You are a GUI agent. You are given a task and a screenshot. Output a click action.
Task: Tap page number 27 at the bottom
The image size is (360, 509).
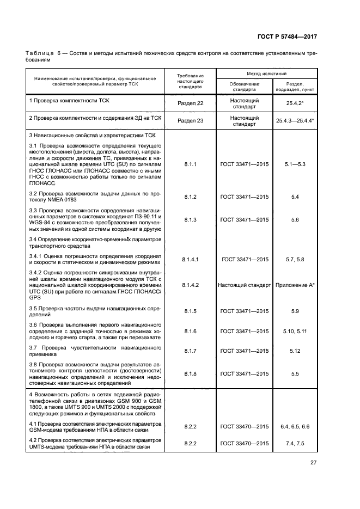pyautogui.click(x=313, y=463)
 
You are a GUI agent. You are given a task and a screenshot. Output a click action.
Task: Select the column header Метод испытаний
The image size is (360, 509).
pyautogui.click(x=267, y=73)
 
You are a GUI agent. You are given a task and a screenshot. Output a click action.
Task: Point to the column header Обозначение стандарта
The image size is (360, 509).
pyautogui.click(x=245, y=87)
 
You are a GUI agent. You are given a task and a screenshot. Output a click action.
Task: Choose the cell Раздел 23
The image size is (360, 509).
pyautogui.click(x=191, y=121)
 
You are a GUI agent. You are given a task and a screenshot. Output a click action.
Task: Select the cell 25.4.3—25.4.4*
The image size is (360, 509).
pyautogui.click(x=295, y=121)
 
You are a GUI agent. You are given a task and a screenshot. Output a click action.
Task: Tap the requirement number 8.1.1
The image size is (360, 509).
pyautogui.click(x=190, y=163)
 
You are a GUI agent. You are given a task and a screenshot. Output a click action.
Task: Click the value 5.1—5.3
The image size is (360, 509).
pyautogui.click(x=295, y=163)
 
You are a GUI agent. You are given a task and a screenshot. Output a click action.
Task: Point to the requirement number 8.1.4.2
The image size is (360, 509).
pyautogui.click(x=190, y=285)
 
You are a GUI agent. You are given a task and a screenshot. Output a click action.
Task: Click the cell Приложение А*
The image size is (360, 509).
pyautogui.click(x=295, y=285)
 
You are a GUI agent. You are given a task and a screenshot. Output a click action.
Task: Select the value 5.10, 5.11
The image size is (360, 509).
pyautogui.click(x=295, y=331)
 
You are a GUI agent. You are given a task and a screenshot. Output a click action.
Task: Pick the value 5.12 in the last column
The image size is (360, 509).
pyautogui.click(x=295, y=351)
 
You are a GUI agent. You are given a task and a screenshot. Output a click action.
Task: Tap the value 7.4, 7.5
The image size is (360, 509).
pyautogui.click(x=295, y=444)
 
